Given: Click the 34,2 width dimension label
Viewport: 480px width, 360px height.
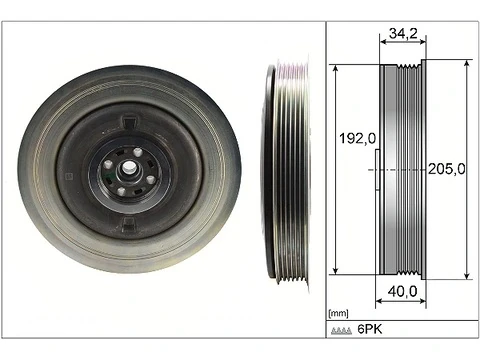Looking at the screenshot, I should pos(401,33).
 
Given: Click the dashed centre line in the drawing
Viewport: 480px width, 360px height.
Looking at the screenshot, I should pos(400,171).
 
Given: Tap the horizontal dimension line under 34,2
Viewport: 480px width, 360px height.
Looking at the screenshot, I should pos(401,46).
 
